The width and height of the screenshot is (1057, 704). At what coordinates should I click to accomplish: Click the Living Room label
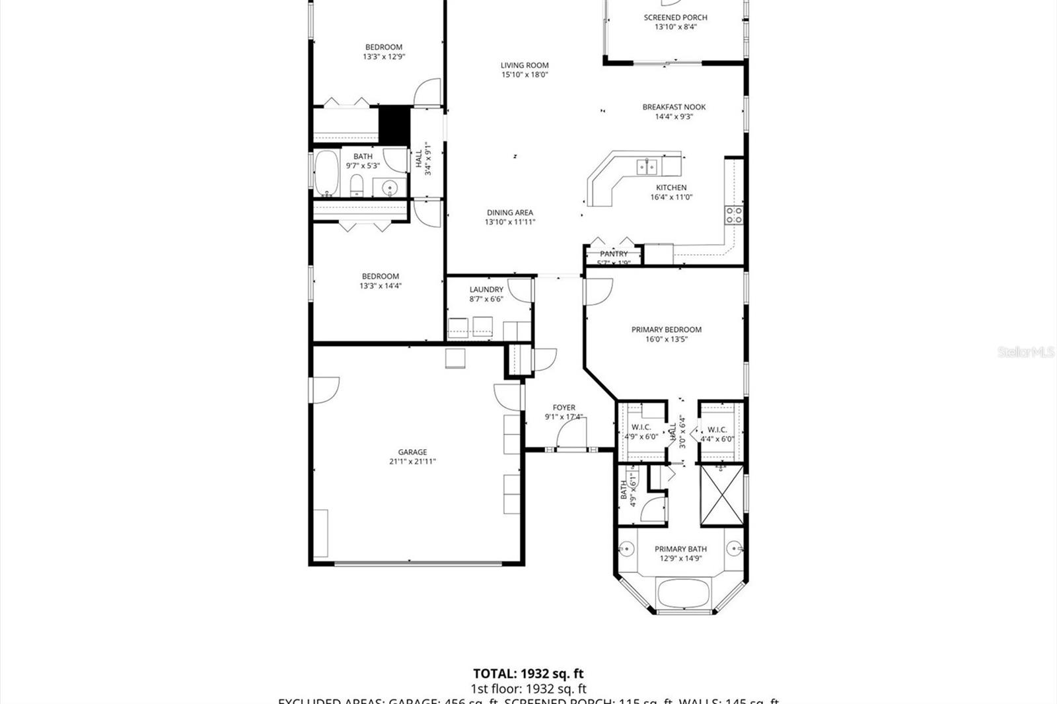(525, 65)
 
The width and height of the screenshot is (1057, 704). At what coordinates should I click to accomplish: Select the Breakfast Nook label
(674, 107)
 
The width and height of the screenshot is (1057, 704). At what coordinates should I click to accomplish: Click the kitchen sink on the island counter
(647, 167)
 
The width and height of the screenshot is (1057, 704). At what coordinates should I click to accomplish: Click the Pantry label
(614, 254)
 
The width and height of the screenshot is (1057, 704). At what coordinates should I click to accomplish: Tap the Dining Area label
(509, 213)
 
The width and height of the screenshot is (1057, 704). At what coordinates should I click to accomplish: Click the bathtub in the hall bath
(326, 173)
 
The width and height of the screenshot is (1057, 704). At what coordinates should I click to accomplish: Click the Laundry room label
(486, 289)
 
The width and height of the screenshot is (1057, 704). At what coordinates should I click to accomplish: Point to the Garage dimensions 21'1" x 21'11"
(412, 462)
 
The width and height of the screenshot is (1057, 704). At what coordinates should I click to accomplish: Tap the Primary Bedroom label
(666, 330)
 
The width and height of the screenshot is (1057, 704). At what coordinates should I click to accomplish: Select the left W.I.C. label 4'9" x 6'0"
(641, 432)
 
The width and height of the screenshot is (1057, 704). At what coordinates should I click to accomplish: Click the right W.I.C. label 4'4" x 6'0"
(717, 434)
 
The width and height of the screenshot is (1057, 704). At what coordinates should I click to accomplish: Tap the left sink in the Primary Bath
(626, 549)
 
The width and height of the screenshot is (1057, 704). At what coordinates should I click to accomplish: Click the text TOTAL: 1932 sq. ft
(528, 674)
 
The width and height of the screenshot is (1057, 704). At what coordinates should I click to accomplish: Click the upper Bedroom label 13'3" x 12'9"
(383, 47)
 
